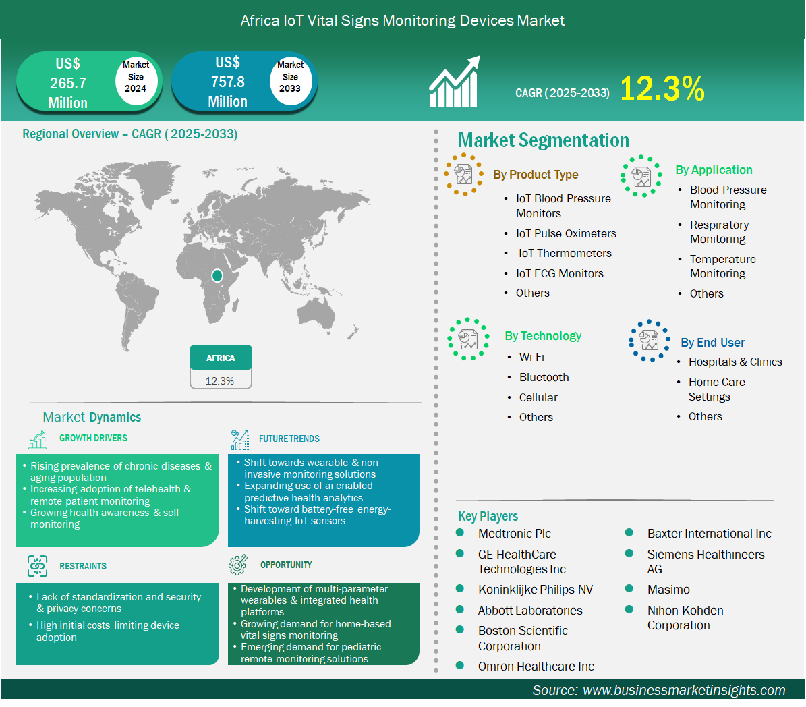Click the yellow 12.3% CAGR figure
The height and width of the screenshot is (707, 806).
coord(662,88)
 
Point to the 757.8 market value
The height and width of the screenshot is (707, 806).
coord(228,82)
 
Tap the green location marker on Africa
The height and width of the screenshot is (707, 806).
coord(217,276)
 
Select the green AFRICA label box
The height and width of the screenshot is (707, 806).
coord(221,358)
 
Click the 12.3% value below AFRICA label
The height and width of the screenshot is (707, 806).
coord(219,381)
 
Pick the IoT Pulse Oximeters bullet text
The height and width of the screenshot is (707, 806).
coord(566,233)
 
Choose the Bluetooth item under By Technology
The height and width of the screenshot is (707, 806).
coord(544,377)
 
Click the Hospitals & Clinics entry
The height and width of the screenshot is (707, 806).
coord(735,362)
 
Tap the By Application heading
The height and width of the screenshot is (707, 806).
coord(714,170)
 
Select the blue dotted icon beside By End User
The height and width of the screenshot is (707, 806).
coord(650,341)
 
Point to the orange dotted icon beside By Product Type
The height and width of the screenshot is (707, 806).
coord(463,174)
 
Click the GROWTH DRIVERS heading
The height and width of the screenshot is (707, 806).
coord(93,438)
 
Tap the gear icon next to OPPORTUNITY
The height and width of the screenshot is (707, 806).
coord(238,565)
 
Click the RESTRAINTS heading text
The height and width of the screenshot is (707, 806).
coord(83,566)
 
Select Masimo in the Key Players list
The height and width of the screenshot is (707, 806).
coord(668,589)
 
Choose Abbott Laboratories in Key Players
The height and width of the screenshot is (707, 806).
coord(530,611)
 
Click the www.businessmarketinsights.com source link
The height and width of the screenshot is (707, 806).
coord(684,690)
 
